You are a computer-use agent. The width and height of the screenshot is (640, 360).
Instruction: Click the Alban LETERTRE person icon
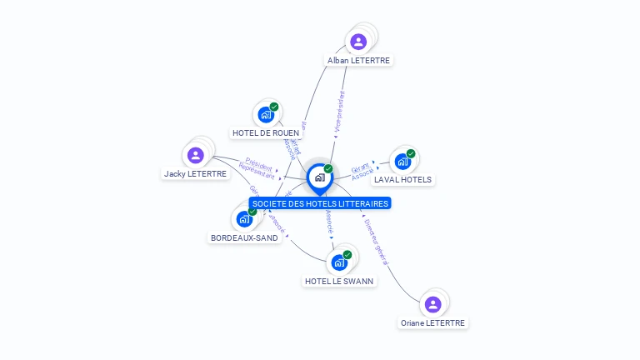[358, 42]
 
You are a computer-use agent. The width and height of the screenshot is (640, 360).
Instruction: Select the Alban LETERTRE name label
[358, 60]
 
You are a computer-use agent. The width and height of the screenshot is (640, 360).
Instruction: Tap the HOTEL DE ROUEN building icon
[266, 115]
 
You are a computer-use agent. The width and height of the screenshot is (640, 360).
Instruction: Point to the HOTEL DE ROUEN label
[266, 132]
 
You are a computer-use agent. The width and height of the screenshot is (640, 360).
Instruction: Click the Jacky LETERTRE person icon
[196, 155]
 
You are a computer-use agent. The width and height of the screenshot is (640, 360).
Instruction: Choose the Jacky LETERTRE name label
[196, 174]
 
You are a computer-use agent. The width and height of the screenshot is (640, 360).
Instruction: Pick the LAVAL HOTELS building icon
[402, 162]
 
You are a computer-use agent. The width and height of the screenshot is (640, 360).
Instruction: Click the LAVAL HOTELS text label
[403, 179]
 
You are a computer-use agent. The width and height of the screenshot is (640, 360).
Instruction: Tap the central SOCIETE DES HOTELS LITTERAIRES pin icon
[319, 177]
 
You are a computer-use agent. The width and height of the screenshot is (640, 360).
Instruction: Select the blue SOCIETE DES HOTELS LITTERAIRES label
[320, 203]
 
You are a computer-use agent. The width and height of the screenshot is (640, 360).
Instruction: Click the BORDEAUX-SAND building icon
[244, 219]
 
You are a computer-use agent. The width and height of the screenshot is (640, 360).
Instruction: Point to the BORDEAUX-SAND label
[244, 237]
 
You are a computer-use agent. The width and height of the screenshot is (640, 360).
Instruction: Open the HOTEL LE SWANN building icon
[339, 263]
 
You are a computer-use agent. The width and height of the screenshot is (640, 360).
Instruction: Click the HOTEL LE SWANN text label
[340, 281]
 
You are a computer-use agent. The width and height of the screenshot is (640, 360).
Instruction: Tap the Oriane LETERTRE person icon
[432, 305]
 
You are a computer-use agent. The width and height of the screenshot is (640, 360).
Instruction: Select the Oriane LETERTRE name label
[433, 322]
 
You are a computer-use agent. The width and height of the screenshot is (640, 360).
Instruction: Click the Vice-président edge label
[339, 112]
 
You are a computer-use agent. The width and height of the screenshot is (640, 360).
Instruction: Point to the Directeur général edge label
[376, 242]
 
